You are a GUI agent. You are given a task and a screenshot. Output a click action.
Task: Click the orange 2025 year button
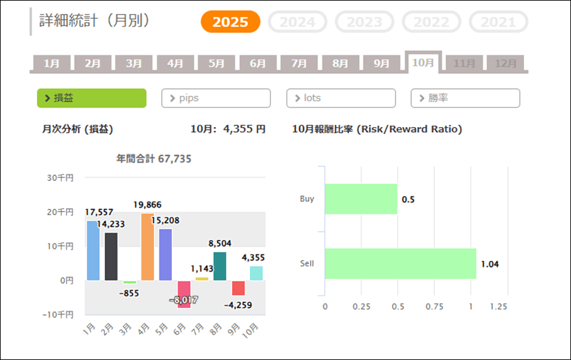(x=230, y=22)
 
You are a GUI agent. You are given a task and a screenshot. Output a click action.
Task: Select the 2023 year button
(x=365, y=22)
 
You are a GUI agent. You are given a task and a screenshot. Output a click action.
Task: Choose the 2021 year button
(x=498, y=22)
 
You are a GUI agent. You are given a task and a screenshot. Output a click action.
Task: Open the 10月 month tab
(x=423, y=62)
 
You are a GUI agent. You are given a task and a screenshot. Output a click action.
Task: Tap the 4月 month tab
(x=175, y=63)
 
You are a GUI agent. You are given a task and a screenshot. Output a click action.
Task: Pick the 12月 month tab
(x=506, y=63)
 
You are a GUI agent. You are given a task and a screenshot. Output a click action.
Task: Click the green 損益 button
(x=92, y=98)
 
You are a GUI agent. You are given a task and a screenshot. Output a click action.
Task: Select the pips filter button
(x=216, y=98)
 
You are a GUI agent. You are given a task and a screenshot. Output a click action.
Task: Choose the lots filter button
(x=341, y=98)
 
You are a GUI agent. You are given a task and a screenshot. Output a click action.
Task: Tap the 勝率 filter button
(x=465, y=98)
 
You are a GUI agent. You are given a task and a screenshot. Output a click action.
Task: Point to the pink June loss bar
(x=184, y=294)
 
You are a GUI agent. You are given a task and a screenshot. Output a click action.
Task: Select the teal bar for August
(x=220, y=266)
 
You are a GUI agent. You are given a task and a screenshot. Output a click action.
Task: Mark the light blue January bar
(x=93, y=250)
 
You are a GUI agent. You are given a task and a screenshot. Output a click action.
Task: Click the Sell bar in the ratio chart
(x=400, y=263)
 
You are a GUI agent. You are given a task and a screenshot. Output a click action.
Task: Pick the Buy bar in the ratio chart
(x=361, y=199)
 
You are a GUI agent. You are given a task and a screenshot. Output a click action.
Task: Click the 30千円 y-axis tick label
(x=60, y=178)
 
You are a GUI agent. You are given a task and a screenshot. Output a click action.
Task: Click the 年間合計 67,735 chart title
(x=154, y=159)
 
